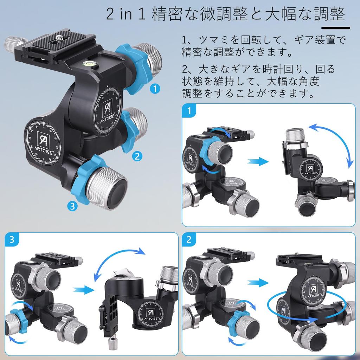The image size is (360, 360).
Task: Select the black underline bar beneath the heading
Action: point(336,28)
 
